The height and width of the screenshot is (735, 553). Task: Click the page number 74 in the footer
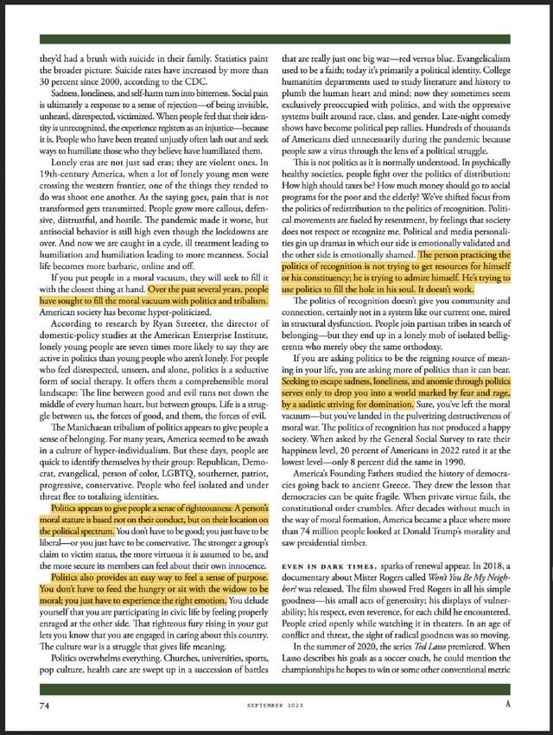point(42,706)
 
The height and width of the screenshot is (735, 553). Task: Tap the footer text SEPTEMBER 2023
point(276,706)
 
